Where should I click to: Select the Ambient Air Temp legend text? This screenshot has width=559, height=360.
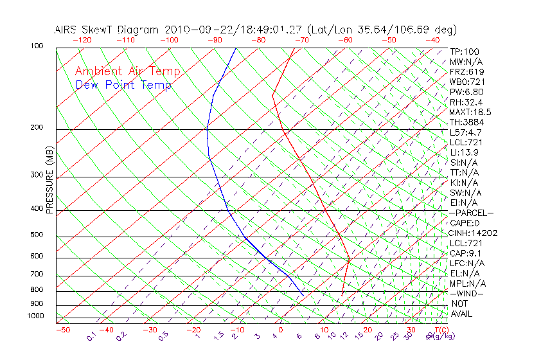127,71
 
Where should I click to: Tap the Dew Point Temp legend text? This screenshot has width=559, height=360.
123,85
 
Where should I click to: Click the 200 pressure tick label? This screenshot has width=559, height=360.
37,127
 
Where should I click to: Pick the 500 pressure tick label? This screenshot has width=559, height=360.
37,235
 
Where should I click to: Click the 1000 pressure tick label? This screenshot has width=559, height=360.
35,316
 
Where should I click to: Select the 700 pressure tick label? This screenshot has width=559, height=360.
37,274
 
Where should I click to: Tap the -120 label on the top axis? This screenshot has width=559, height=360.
82,40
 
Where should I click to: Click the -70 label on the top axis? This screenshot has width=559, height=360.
301,40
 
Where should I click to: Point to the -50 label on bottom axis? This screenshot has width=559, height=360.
62,330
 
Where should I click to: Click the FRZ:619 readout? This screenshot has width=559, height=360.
467,71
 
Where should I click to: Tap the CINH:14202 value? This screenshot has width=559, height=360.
474,233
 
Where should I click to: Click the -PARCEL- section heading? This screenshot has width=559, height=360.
472,213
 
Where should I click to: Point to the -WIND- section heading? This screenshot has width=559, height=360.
466,293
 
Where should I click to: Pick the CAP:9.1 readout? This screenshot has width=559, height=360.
465,253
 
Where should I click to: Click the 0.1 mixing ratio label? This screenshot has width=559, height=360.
91,336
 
